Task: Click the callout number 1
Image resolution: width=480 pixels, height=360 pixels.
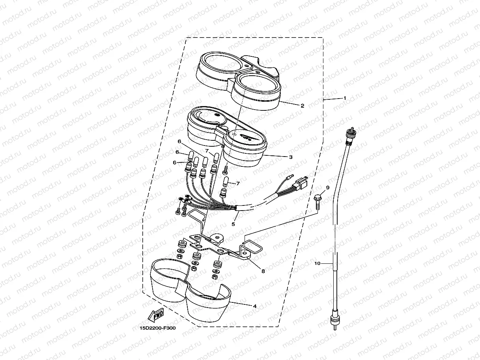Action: point(345,98)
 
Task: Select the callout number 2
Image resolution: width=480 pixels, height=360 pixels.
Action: point(303,106)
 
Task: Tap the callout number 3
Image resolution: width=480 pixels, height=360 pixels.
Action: point(291,157)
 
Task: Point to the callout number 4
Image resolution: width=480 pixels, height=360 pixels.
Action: point(255,306)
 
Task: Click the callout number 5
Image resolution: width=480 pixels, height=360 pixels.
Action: point(233,224)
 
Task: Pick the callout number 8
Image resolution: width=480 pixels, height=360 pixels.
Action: point(263,271)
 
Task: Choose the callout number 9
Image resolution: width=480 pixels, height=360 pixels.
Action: point(328,188)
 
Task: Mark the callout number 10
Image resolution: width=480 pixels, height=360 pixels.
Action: point(317,263)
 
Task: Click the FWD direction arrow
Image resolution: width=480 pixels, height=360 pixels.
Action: point(156,315)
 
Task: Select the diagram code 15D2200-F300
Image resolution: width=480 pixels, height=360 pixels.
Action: point(158,328)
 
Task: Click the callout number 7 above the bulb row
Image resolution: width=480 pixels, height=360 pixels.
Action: point(207,151)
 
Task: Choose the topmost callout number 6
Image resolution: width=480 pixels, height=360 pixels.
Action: point(179,142)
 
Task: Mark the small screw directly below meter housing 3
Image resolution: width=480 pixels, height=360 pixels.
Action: point(225,170)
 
